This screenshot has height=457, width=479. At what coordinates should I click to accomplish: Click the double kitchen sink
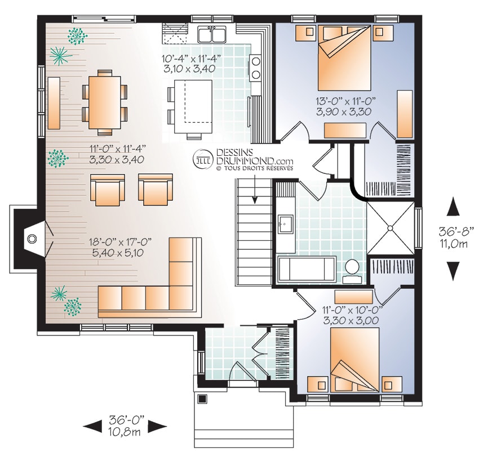coord(212,34)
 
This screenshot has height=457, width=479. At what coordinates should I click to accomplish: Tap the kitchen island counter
coord(193,106)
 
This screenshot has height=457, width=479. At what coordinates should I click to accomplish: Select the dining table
coord(104,102)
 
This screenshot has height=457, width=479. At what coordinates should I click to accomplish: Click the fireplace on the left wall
coord(30,238)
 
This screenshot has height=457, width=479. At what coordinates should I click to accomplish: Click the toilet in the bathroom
coord(353,271)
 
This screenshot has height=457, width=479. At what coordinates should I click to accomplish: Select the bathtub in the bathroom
coord(307,268)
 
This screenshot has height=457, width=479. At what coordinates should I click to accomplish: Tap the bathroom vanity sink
coord(286,225)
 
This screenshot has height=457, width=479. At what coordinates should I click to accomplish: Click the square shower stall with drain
coord(391,228)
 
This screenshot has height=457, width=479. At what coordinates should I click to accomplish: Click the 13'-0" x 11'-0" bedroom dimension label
coord(345,100)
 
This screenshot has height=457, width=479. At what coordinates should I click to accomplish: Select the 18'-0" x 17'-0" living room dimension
coord(121,242)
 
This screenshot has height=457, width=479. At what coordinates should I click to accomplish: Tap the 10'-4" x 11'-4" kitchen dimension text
coord(190,59)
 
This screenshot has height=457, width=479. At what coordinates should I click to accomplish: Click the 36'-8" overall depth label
coord(453,232)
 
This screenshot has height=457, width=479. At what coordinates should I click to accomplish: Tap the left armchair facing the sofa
coord(108,190)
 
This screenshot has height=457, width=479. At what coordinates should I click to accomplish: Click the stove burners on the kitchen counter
coord(255,68)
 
